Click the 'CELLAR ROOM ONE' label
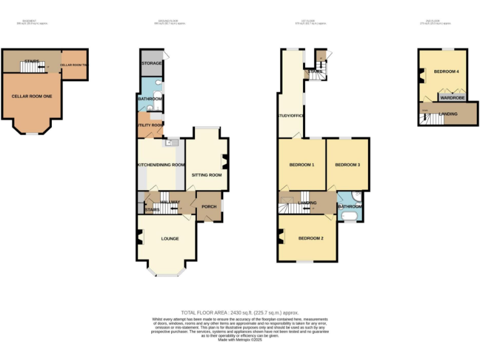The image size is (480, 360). (31, 96)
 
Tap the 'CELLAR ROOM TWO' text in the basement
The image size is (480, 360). (74, 65)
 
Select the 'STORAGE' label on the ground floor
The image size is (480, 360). (152, 63)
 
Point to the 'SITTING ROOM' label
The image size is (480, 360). (207, 175)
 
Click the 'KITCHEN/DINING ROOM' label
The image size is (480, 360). (161, 165)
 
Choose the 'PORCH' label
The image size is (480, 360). (208, 206)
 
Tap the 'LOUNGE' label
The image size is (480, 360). (170, 239)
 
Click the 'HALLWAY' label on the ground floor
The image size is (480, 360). (170, 202)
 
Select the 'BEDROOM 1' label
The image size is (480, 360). (301, 165)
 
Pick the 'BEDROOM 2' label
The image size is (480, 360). (310, 239)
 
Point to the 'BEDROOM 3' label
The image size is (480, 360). (347, 165)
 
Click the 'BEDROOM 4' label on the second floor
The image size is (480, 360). (447, 72)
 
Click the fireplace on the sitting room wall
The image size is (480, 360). (225, 163)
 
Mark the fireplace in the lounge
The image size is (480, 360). (139, 237)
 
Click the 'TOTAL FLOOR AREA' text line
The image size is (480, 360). (240, 312)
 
